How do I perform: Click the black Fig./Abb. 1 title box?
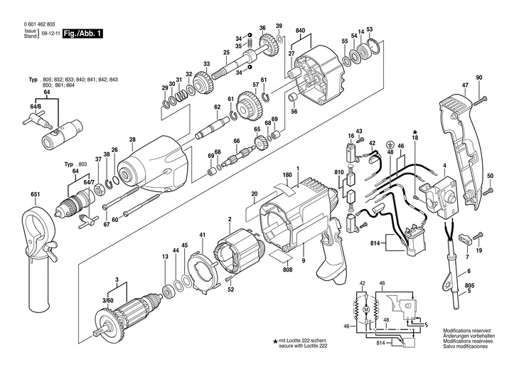(x=82, y=33)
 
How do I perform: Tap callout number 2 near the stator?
(x=229, y=218)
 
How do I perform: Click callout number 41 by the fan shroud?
(x=203, y=235)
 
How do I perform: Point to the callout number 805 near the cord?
(x=489, y=286)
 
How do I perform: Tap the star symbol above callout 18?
(x=414, y=131)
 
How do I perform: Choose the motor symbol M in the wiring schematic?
(x=366, y=310)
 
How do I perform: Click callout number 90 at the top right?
(x=478, y=77)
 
